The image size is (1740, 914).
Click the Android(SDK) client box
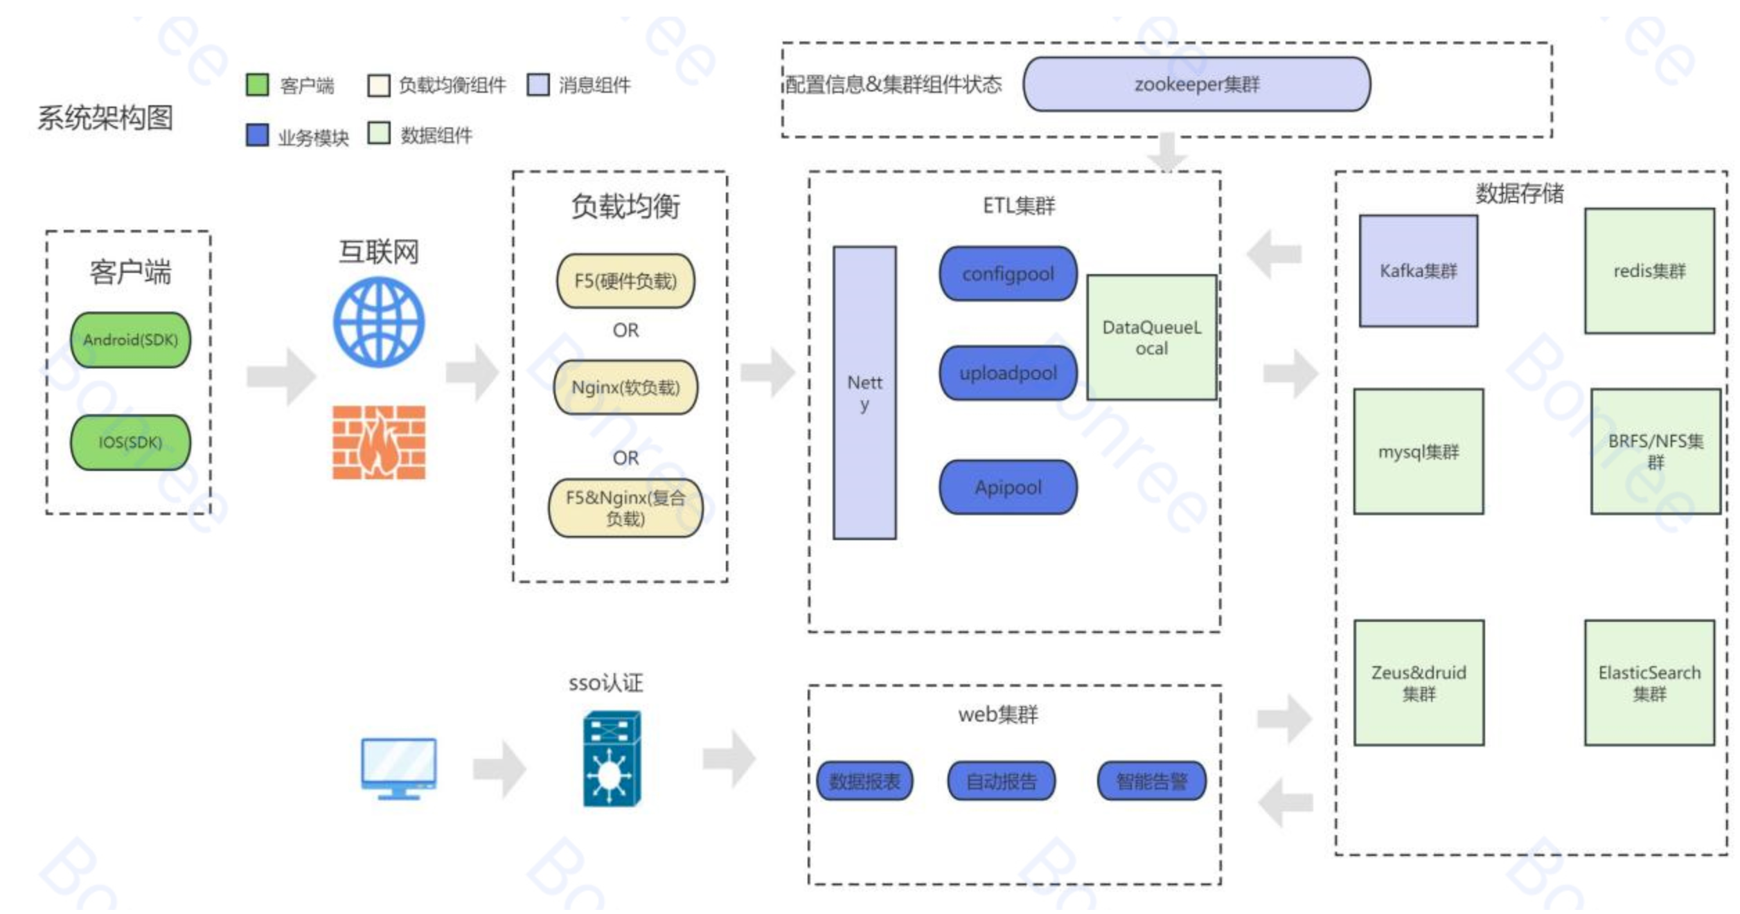130,339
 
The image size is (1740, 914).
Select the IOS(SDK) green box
130,442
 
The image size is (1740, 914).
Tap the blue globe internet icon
379,322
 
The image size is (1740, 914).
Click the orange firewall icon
379,442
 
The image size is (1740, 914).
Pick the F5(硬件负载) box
625,280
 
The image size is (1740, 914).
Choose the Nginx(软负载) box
625,387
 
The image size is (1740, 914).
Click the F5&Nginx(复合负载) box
625,508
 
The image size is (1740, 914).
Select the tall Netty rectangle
864,393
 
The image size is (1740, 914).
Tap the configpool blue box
1008,274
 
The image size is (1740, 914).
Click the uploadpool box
1008,373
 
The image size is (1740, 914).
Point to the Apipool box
1008,487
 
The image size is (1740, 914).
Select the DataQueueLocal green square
1151,337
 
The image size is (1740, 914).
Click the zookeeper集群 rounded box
1196,84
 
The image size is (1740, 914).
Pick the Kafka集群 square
1418,271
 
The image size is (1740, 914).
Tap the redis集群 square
1649,271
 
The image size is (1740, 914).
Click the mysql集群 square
1418,451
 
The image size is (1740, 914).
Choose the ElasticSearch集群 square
1649,683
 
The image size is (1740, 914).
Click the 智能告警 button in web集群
1151,781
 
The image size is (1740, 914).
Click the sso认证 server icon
612,759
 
